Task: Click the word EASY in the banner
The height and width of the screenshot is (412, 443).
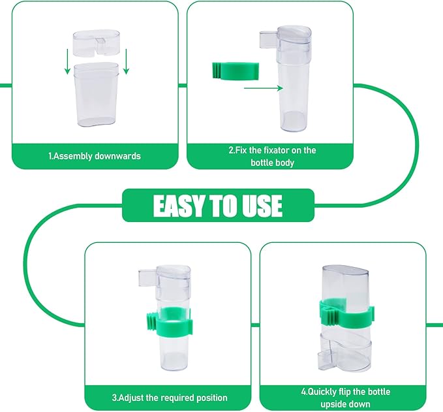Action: coord(178,206)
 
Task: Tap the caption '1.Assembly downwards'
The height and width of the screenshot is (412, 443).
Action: coord(95,156)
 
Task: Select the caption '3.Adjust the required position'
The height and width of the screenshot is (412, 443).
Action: coord(170,398)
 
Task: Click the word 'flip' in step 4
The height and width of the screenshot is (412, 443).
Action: coord(344,392)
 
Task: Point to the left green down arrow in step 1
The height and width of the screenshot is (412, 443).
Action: coord(67,61)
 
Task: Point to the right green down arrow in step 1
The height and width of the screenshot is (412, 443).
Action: coord(126,61)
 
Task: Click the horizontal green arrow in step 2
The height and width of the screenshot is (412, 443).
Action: coord(264,88)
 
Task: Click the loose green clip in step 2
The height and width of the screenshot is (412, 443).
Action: coord(236,71)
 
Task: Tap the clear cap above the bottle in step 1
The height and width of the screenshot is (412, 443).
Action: coord(97,42)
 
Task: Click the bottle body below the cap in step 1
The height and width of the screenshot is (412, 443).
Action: coord(96,95)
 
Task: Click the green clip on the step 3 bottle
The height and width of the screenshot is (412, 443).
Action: coord(169,323)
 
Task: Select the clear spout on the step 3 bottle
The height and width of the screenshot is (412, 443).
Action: coord(147,277)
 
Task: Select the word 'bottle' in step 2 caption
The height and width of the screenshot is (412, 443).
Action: coord(262,163)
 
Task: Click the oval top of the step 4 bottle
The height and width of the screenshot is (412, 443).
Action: coord(346,271)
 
